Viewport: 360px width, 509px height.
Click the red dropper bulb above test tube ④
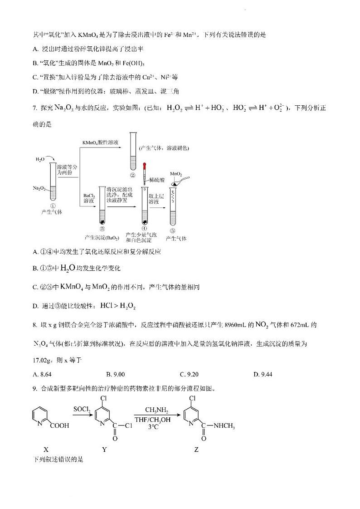(x=145, y=166)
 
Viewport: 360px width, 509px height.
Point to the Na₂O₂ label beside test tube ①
(x=39, y=187)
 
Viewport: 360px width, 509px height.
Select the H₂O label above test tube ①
(x=40, y=160)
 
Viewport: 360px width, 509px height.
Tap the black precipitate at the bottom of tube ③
(x=102, y=222)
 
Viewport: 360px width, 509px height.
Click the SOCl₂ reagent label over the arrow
(x=82, y=410)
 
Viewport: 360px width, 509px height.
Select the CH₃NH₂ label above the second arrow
(x=157, y=410)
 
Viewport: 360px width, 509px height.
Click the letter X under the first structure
(x=46, y=449)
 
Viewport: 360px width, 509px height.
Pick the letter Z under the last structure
(x=196, y=449)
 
